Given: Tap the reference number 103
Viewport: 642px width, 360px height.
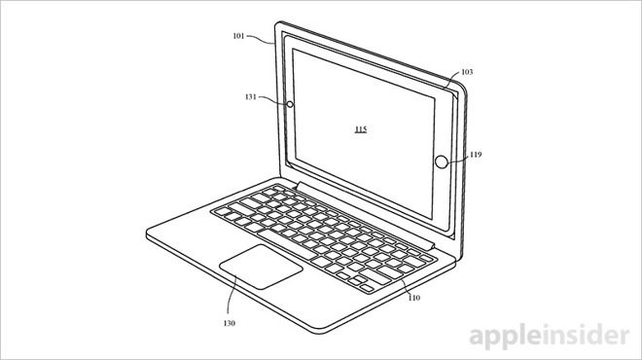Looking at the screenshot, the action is click(x=467, y=73).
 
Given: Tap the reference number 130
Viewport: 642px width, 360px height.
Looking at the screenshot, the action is click(x=229, y=322).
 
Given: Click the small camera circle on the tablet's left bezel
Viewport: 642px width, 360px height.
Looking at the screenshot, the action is click(x=289, y=100).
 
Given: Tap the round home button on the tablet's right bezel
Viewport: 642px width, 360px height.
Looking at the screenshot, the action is click(x=442, y=162).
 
